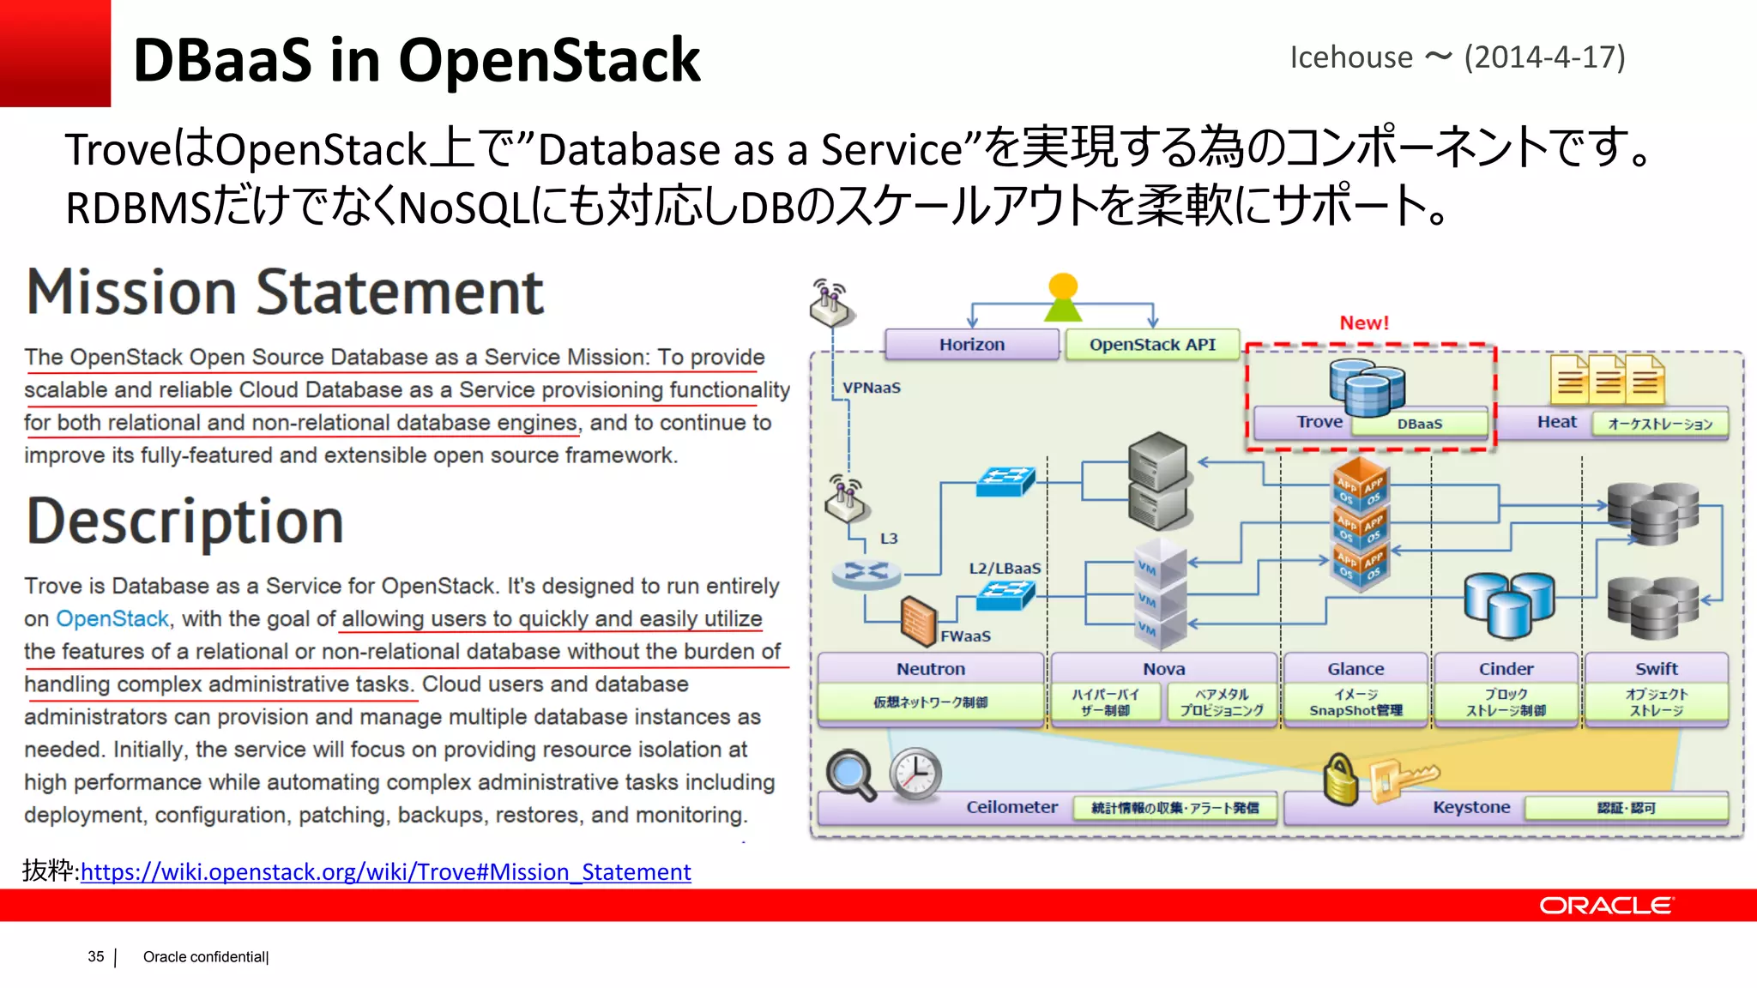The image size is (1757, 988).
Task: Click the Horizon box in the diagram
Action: tap(971, 345)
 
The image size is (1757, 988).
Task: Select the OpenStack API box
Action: tap(1152, 345)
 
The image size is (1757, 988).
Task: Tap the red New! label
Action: tap(1364, 323)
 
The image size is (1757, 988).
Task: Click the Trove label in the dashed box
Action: tap(1319, 422)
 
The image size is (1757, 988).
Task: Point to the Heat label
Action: tap(1556, 422)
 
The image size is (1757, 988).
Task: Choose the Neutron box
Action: tap(931, 669)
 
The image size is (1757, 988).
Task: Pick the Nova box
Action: tap(1163, 669)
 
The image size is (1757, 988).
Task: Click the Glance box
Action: tap(1355, 669)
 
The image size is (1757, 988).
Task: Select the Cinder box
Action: tap(1506, 669)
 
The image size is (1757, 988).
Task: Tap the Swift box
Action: tap(1656, 669)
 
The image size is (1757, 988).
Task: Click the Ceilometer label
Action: tap(1011, 807)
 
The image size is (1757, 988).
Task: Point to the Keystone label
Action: tap(1471, 807)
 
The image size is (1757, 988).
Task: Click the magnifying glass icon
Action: tap(849, 774)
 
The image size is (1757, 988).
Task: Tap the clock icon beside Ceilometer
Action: tap(915, 774)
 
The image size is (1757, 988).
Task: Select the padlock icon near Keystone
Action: tap(1340, 780)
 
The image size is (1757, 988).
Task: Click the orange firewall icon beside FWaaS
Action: tap(918, 620)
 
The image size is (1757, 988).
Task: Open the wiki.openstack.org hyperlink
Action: tap(385, 872)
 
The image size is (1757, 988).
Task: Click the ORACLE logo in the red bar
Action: tap(1605, 906)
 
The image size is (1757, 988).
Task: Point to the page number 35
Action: tap(96, 956)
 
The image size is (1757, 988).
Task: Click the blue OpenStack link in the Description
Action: tap(112, 619)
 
